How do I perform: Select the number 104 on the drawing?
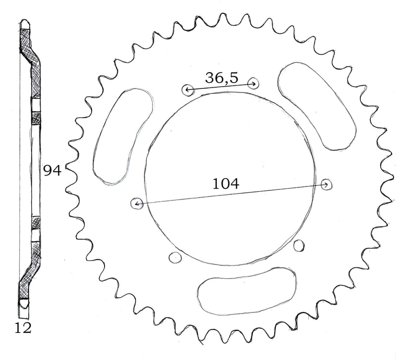(226, 183)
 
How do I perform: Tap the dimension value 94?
(52, 171)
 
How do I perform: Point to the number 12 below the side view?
(22, 327)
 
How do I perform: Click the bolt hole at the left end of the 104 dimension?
(137, 203)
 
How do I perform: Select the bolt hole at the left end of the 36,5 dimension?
(188, 90)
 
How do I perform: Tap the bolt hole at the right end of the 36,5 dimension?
(253, 83)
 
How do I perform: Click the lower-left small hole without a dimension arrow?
(174, 256)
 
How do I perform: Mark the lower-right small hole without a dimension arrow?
(298, 245)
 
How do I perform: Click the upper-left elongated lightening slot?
(123, 136)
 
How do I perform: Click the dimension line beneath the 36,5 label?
(221, 87)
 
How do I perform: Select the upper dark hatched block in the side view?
(36, 117)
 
